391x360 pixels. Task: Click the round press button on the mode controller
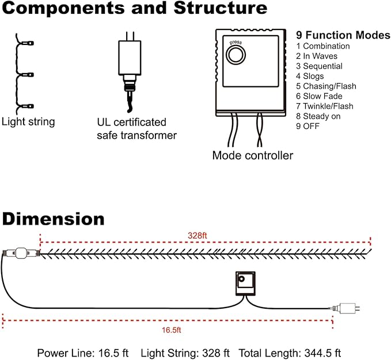click(x=236, y=55)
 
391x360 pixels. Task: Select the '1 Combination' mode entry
click(x=323, y=46)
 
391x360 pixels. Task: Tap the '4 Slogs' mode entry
click(x=310, y=76)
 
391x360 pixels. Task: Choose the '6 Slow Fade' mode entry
click(x=319, y=96)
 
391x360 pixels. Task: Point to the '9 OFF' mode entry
click(x=308, y=126)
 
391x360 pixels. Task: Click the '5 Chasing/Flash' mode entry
click(x=326, y=86)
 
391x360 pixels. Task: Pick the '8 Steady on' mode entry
click(x=318, y=116)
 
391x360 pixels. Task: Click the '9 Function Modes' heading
click(x=343, y=35)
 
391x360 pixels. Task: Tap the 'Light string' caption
click(x=28, y=122)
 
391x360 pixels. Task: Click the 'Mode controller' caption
click(x=253, y=156)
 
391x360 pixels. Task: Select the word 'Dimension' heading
click(x=53, y=219)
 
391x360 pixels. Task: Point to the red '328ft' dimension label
click(x=198, y=236)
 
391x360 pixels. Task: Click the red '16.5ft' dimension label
click(x=171, y=330)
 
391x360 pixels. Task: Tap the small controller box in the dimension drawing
click(x=245, y=283)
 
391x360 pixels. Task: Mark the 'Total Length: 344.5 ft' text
click(x=290, y=353)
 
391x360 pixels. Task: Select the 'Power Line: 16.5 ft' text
click(x=83, y=353)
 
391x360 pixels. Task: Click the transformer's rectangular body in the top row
click(x=130, y=58)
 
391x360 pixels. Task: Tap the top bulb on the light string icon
click(x=28, y=43)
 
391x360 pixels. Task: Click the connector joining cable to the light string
click(x=22, y=253)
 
